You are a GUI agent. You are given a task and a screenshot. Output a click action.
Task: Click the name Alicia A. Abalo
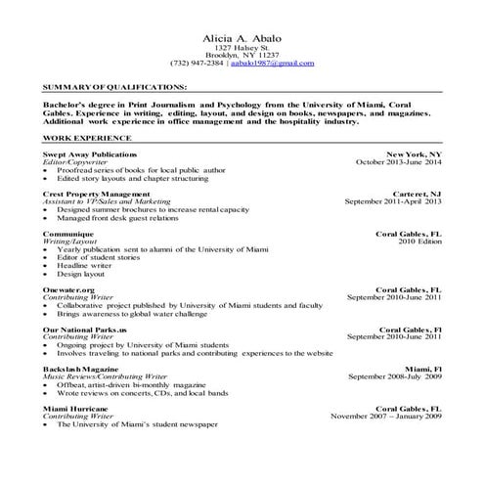click(241, 35)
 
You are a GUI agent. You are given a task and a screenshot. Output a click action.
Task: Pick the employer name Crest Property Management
click(96, 195)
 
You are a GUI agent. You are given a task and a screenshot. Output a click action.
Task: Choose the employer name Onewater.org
click(68, 290)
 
